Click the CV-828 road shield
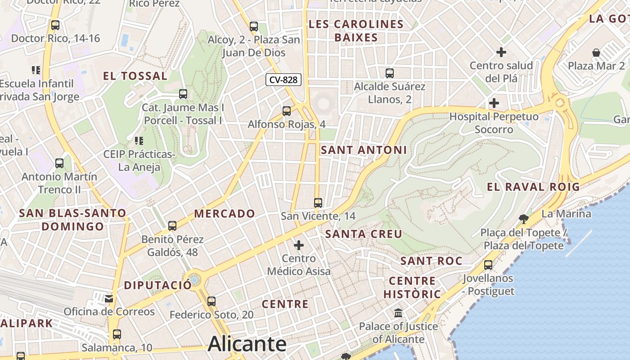pos(283,80)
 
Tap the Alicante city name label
pos(247,344)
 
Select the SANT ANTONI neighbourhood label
pos(364,150)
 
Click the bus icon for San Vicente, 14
pos(318,203)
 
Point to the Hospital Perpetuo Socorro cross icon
pos(494,103)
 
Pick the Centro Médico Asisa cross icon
pos(299,245)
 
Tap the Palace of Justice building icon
pos(398,313)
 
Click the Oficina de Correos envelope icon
pos(108,298)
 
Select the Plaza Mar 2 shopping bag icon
pos(596,53)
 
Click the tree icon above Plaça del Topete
pos(523,219)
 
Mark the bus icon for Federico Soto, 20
pos(211,301)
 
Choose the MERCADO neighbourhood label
pos(225,213)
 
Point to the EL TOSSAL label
pos(135,76)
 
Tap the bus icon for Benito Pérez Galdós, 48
pos(172,226)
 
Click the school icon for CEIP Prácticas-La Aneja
pos(139,141)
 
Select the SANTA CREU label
pos(364,234)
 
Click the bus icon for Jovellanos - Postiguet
pos(488,265)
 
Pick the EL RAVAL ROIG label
pos(533,187)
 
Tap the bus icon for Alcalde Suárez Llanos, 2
pos(390,73)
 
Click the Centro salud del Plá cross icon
pos(501,52)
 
